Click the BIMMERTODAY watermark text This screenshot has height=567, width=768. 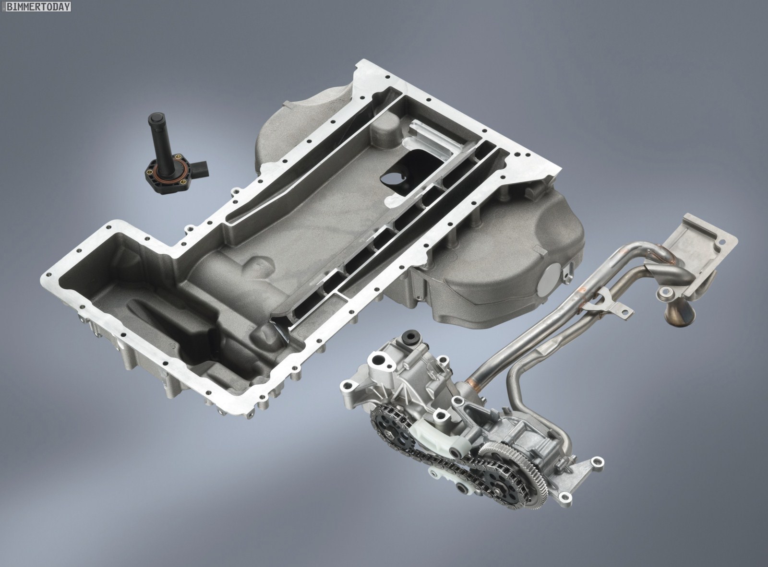pyautogui.click(x=38, y=6)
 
